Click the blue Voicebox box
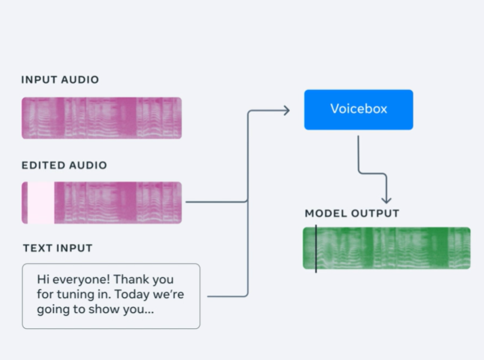coord(358,110)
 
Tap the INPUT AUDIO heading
coord(60,80)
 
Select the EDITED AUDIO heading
coord(64,165)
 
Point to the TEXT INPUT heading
coord(58,248)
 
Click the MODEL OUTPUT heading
coord(352,213)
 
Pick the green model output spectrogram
coord(387,248)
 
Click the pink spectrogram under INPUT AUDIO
coord(101,118)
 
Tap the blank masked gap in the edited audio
coord(41,203)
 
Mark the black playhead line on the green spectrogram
coord(316,249)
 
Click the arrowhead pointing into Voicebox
coord(287,111)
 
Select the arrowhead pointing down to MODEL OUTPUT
coord(387,200)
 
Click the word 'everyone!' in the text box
coord(81,279)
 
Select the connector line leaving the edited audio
coord(217,202)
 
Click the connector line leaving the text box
coord(228,296)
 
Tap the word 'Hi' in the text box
coord(43,279)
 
